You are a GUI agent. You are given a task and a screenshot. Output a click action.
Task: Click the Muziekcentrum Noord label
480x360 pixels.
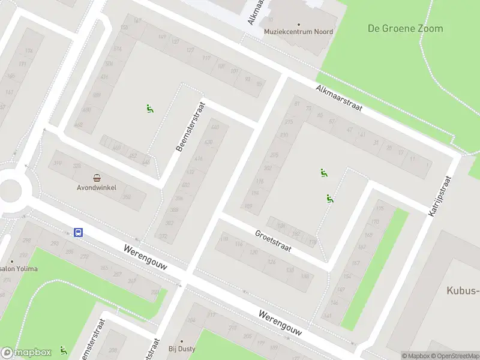point(290,32)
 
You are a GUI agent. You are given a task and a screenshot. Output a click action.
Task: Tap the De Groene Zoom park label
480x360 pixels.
point(405,28)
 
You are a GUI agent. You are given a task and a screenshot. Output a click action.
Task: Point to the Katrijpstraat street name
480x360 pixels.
point(439,195)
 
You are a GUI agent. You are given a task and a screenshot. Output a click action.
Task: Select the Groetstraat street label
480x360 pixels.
point(272,241)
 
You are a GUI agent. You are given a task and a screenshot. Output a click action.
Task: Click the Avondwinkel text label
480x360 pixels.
point(96,187)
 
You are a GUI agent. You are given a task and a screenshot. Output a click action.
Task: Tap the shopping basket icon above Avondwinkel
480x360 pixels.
point(97,178)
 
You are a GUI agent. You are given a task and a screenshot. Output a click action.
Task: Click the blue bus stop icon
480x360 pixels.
point(78,232)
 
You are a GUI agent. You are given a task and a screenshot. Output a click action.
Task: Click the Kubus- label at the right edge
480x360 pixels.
point(463,291)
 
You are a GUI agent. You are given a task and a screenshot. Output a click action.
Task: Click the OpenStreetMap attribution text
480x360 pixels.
point(456,356)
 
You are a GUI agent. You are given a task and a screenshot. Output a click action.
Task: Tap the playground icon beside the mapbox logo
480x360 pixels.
point(63,350)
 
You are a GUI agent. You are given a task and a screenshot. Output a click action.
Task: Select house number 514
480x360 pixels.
point(118,49)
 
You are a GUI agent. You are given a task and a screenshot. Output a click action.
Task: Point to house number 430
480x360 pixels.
point(208,142)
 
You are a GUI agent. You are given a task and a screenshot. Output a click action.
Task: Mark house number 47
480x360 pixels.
point(349,130)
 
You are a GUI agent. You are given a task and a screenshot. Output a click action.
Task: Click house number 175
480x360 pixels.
point(379,209)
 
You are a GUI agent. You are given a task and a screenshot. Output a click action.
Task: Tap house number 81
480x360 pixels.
point(296,104)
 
